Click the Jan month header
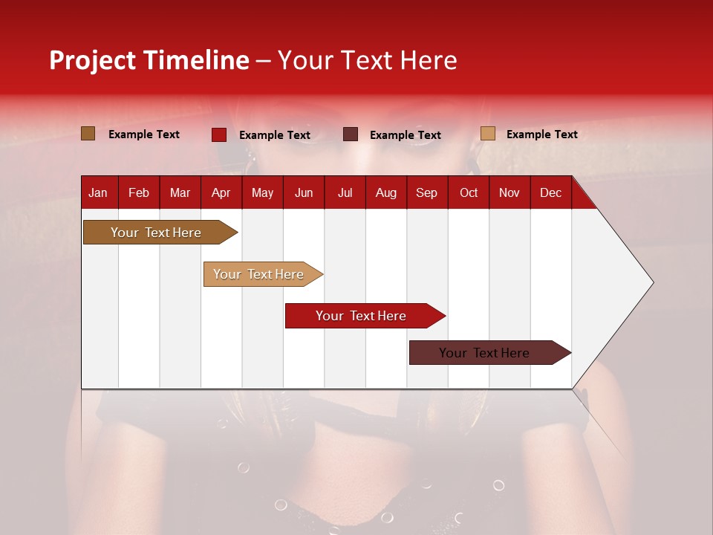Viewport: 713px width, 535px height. [98, 193]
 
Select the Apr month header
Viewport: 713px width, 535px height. [221, 193]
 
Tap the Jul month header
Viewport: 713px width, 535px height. [345, 193]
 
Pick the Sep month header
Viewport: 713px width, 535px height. [426, 193]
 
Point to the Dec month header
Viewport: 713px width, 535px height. [550, 193]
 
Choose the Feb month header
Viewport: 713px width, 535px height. [139, 193]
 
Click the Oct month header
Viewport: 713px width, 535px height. [469, 193]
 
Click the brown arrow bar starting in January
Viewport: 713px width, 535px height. [156, 233]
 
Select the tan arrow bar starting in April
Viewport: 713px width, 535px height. [258, 274]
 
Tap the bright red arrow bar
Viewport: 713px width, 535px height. [361, 316]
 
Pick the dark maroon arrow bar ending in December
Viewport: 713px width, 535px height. [484, 353]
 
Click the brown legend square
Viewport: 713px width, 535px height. [88, 134]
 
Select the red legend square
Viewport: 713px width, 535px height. [218, 134]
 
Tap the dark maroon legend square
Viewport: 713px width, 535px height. [350, 134]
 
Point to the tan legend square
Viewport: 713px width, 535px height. [487, 134]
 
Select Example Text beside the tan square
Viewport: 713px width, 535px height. [541, 134]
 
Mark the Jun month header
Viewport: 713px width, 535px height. [304, 193]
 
